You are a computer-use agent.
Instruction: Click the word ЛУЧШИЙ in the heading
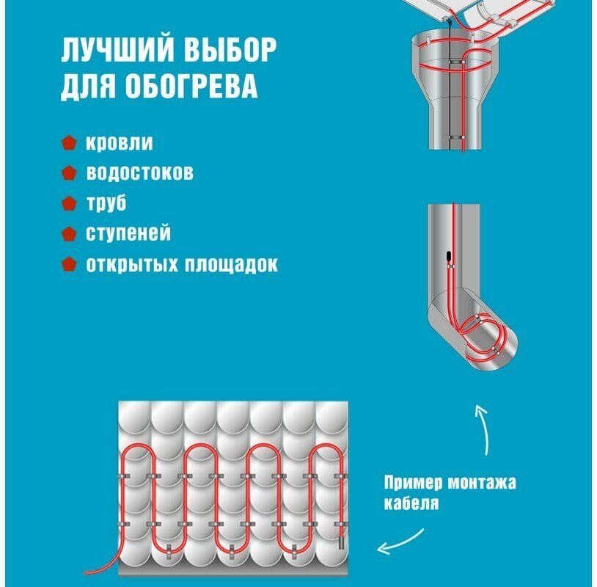pyautogui.click(x=109, y=52)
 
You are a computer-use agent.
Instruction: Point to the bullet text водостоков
pyautogui.click(x=140, y=173)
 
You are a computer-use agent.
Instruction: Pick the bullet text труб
pyautogui.click(x=106, y=203)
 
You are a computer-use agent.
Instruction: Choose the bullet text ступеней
pyautogui.click(x=128, y=233)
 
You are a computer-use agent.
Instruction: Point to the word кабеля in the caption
pyautogui.click(x=411, y=503)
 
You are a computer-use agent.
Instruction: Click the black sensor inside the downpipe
pyautogui.click(x=447, y=256)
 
